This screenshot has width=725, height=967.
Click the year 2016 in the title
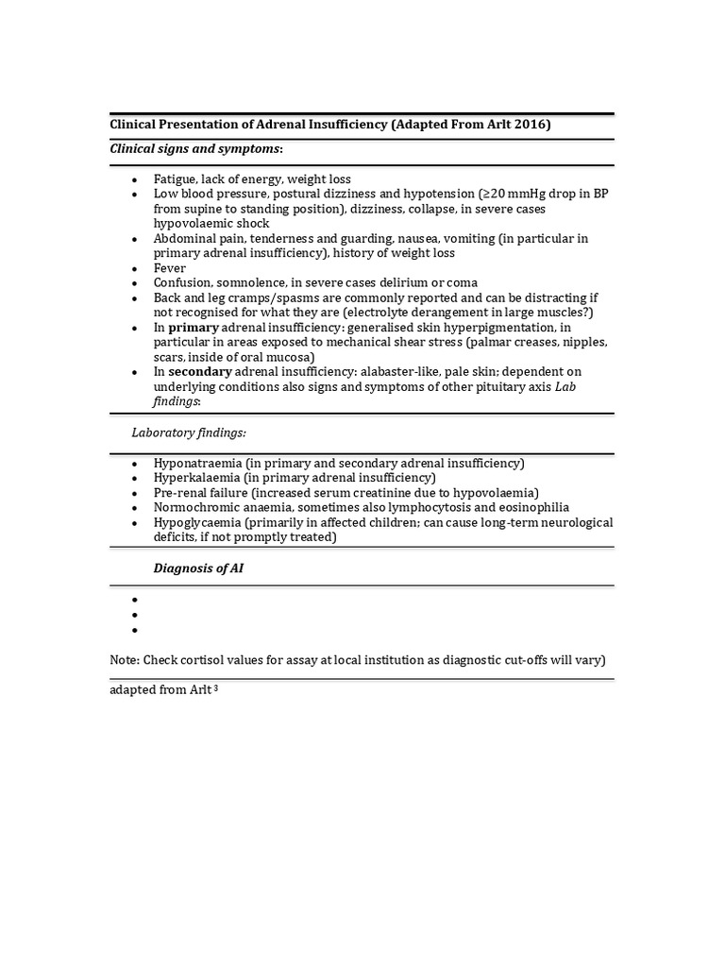coord(533,125)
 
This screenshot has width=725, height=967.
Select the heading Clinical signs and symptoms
coord(195,149)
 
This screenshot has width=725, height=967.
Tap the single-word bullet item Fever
coord(170,268)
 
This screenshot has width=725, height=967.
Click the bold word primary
coord(194,328)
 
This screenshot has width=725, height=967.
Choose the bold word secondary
coord(200,372)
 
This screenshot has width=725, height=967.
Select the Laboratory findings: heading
coord(189,432)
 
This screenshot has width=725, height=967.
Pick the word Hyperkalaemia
coord(195,478)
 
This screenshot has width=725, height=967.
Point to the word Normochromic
coord(195,507)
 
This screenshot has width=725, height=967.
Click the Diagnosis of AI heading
coord(198,568)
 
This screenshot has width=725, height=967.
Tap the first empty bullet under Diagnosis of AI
coord(135,601)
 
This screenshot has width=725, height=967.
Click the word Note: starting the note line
coord(126,660)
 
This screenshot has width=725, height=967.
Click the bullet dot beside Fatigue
coord(135,179)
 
